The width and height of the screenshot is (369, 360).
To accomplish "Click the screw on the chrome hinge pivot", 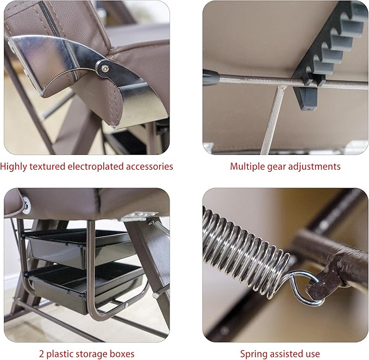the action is (x=104, y=69).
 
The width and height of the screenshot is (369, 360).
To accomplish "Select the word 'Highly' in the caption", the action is (x=14, y=167).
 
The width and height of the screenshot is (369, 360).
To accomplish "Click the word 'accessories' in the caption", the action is (x=149, y=167).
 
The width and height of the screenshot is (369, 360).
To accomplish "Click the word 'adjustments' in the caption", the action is (x=314, y=167).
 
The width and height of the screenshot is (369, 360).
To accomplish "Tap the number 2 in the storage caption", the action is (x=41, y=354).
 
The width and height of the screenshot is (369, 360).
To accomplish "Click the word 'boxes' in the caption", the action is (x=122, y=354).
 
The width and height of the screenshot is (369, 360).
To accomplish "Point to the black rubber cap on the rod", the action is (x=211, y=77).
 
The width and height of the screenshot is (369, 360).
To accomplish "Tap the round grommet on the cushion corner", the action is (x=26, y=206).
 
